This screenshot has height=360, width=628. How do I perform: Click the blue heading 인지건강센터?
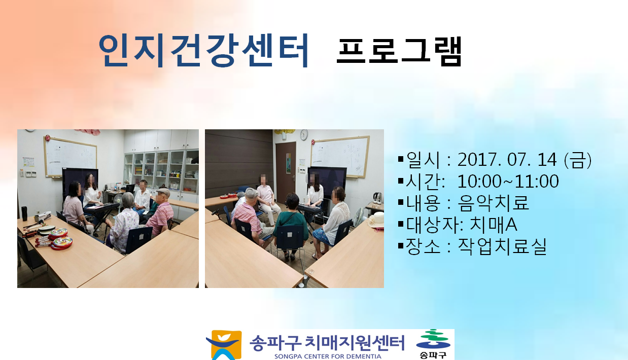(x=203, y=50)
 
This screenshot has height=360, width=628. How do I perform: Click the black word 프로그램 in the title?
(x=399, y=51)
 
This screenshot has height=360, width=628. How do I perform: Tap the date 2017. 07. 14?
(x=507, y=160)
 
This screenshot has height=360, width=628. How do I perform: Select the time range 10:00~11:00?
(x=508, y=181)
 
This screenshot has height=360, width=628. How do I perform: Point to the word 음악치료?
(x=493, y=203)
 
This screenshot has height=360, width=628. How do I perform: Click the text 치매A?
(x=494, y=225)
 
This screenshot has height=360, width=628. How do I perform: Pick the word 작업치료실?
(x=502, y=246)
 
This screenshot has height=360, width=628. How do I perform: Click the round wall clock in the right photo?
(x=304, y=135)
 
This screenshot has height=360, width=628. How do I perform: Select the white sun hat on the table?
(x=376, y=220)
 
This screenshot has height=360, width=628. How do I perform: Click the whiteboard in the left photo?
(x=70, y=156)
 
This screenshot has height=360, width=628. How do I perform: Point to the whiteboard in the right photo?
(x=340, y=156)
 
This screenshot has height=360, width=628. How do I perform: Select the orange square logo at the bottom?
(x=224, y=345)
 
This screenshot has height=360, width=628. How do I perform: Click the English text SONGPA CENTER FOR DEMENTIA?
(x=328, y=356)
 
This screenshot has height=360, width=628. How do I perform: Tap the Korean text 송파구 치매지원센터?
(x=327, y=343)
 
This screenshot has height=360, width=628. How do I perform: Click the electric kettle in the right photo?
(x=377, y=198)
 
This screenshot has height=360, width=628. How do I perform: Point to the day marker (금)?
(x=578, y=160)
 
